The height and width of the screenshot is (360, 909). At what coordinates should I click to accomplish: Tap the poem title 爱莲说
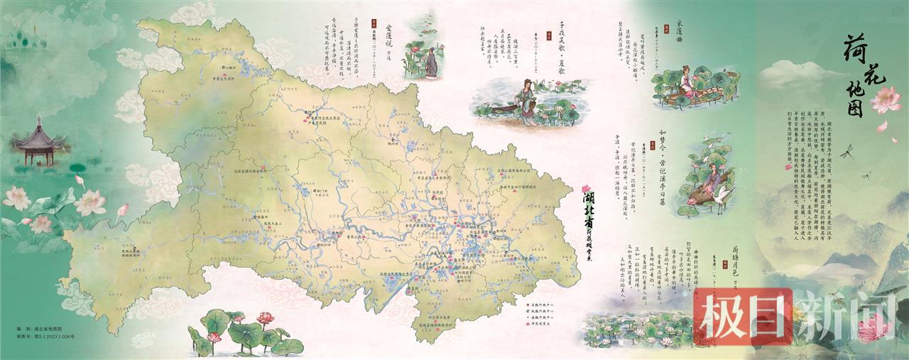[388, 36]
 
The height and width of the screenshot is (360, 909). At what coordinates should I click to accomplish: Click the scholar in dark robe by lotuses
[430, 64]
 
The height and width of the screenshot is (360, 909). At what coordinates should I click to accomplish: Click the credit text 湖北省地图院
[52, 330]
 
